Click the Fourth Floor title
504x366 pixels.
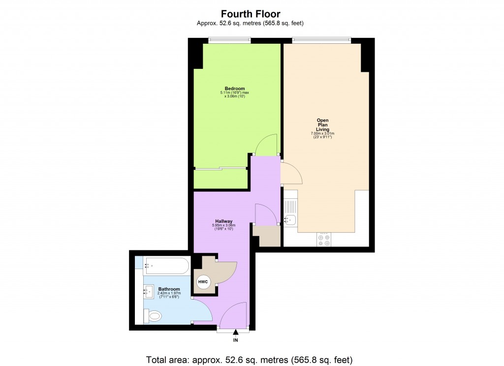pos(251,14)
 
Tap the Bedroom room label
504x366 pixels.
pos(235,89)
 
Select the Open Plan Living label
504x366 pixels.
pos(322,125)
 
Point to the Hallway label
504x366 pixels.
pos(224,221)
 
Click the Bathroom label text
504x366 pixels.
pos(169,289)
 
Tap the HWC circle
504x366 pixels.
pos(203,282)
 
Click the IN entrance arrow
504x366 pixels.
pos(236,332)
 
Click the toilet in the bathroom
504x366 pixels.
pos(153,316)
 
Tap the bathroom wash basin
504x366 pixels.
pos(149,291)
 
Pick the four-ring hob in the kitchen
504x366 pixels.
pos(324,240)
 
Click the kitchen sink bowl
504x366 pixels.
pos(290,220)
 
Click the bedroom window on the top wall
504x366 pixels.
pos(229,40)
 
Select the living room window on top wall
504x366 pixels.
pos(321,40)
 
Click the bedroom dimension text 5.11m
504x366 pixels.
pos(235,92)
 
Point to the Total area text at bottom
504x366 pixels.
pos(250,360)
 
